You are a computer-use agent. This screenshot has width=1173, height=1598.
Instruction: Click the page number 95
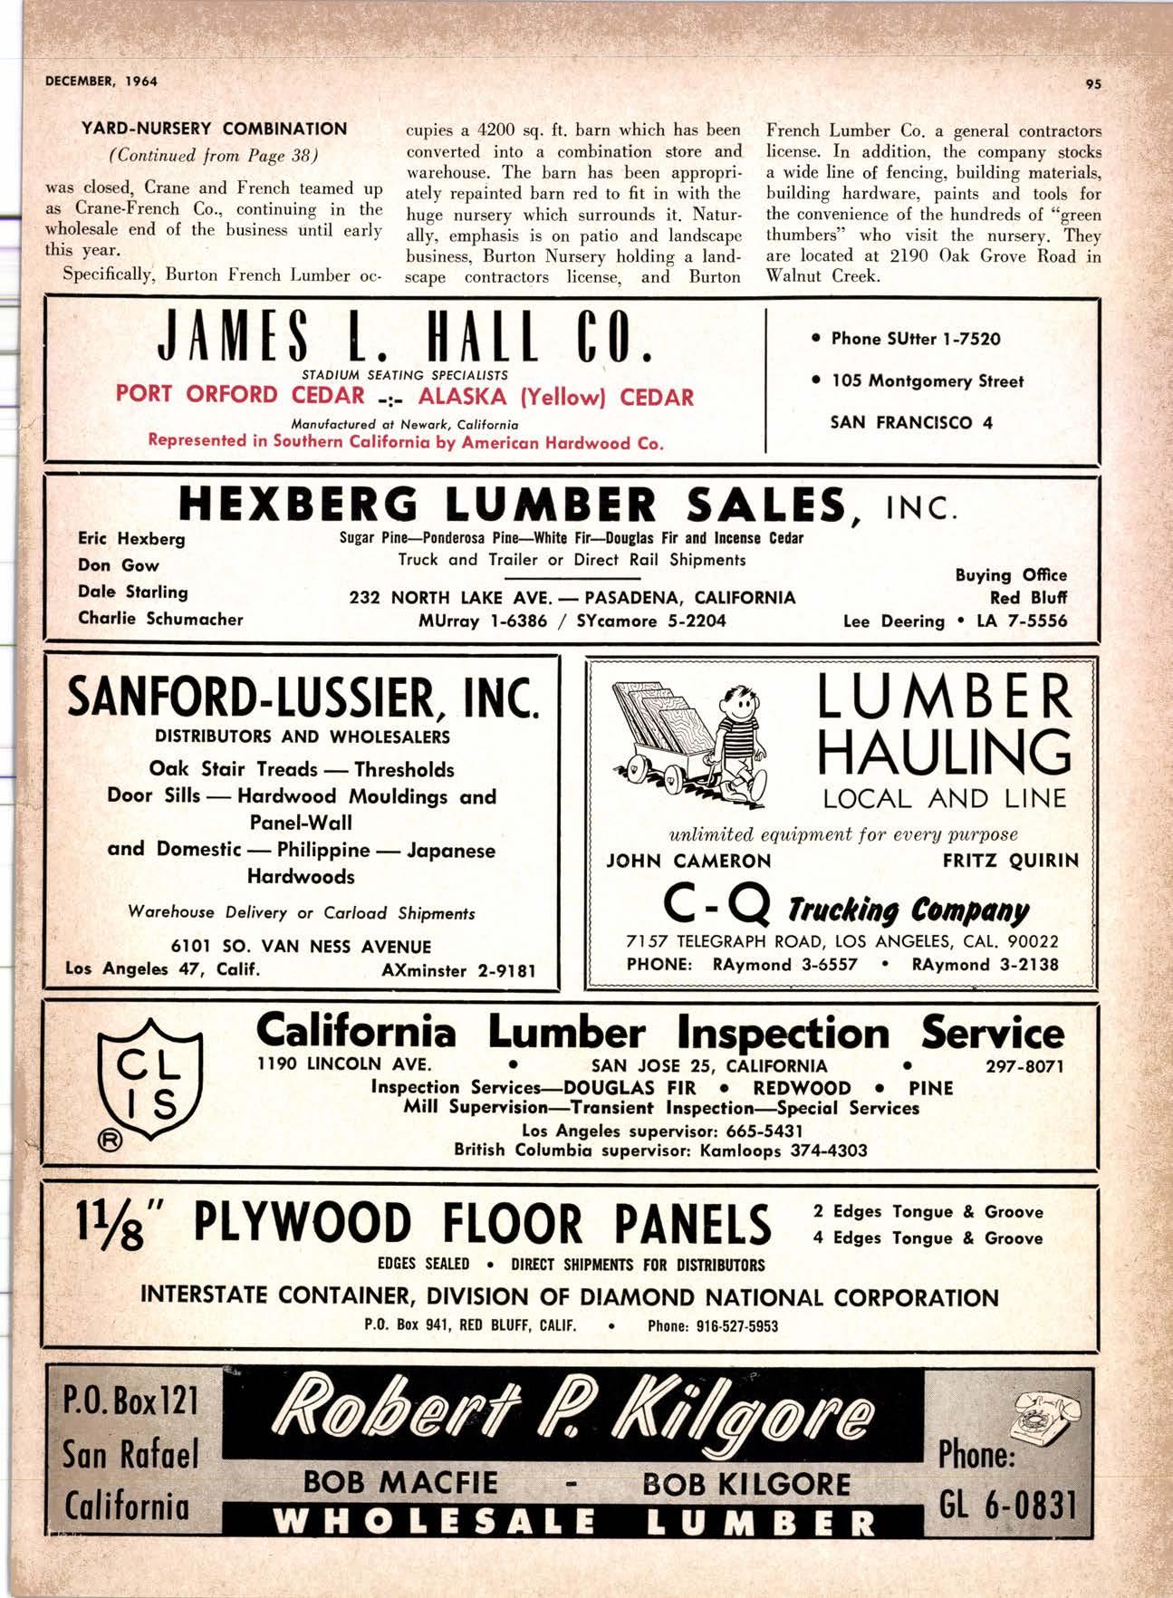coord(1091,83)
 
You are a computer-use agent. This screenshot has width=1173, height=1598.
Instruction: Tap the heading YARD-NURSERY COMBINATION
coord(215,129)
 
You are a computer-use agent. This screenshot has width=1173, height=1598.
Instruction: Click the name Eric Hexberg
coord(131,539)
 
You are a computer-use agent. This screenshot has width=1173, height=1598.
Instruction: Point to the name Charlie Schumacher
coord(160,619)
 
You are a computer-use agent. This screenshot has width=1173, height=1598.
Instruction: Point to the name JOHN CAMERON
coord(688,861)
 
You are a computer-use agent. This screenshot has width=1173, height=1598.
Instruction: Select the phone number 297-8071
coord(1024,1065)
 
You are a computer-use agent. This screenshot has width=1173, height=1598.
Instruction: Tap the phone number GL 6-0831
coord(1006,1507)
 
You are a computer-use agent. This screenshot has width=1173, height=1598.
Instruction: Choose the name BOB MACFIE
coord(400,1483)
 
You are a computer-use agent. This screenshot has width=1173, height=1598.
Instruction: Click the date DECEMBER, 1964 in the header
coord(101,81)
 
